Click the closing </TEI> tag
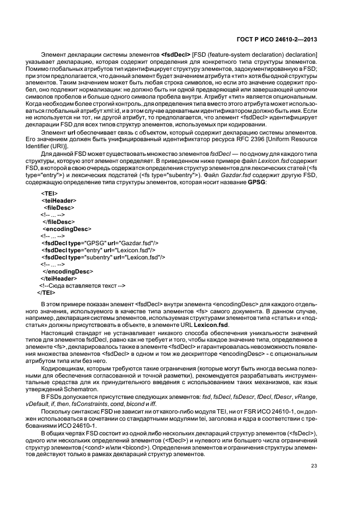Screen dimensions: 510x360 (x=45, y=293)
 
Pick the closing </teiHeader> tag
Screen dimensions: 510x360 (x=58, y=278)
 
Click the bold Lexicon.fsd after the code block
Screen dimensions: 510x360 (x=209, y=325)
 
